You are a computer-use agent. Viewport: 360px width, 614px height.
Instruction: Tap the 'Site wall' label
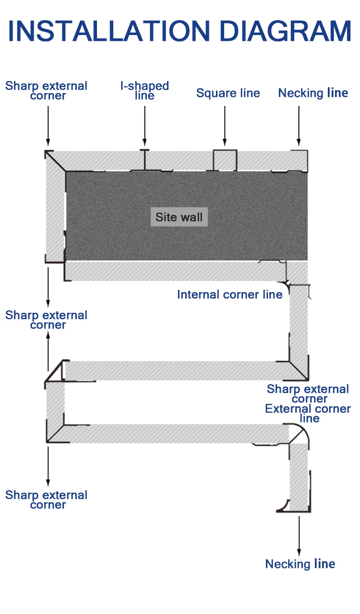point(179,217)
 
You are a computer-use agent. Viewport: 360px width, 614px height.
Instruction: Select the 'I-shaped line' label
point(144,91)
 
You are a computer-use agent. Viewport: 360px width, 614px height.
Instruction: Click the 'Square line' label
point(228,93)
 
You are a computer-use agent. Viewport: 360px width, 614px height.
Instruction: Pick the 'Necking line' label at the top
point(313,93)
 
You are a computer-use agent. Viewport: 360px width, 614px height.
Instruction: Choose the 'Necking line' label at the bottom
point(300,564)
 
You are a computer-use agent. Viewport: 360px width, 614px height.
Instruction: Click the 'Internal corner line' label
point(229,295)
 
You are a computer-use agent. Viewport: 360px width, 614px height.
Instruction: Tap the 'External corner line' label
point(308,413)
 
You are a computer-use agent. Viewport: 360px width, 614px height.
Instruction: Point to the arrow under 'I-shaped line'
point(144,125)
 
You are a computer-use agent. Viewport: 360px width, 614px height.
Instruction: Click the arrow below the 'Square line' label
point(224,125)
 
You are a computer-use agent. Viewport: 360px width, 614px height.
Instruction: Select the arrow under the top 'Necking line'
point(299,125)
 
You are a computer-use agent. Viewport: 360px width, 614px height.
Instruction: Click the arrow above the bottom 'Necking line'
point(299,535)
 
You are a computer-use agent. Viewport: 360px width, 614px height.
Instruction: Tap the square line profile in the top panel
point(225,160)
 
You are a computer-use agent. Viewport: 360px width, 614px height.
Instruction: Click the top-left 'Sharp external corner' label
point(47,91)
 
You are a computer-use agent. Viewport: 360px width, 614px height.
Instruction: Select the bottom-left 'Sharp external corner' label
point(47,500)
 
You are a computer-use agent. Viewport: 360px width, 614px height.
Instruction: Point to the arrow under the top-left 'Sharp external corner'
point(48,125)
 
